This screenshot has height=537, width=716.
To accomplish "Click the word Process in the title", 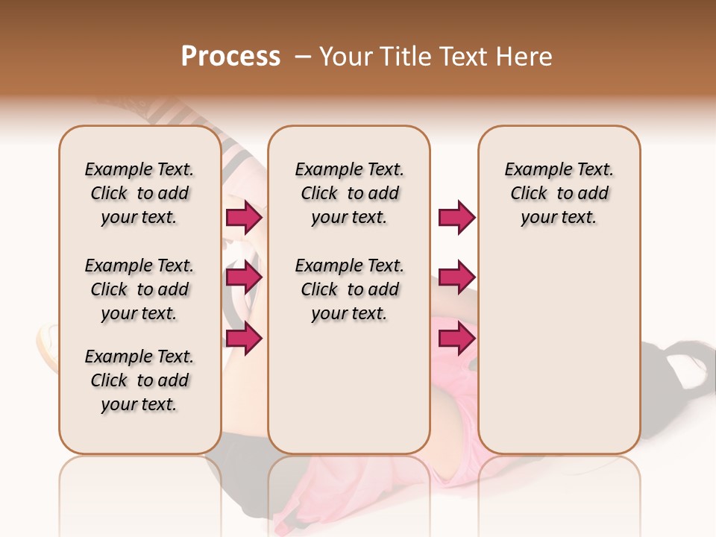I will (x=230, y=57).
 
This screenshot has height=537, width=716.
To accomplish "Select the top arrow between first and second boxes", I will (x=244, y=218).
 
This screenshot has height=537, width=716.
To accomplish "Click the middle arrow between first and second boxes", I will (x=244, y=278).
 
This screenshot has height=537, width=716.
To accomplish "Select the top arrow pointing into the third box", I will (x=456, y=218).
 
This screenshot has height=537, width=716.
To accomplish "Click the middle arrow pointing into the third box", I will (x=456, y=278).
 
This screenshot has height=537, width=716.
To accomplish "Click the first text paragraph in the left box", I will (x=139, y=193).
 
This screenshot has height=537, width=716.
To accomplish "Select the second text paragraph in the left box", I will (x=139, y=289).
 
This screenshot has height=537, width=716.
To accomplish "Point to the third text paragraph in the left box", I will (x=139, y=380).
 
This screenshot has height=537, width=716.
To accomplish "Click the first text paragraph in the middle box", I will (x=349, y=193).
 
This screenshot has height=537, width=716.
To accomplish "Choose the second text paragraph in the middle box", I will (x=349, y=289).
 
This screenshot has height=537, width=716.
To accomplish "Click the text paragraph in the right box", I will (x=559, y=193).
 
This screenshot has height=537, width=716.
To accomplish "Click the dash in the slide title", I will (x=302, y=57).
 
